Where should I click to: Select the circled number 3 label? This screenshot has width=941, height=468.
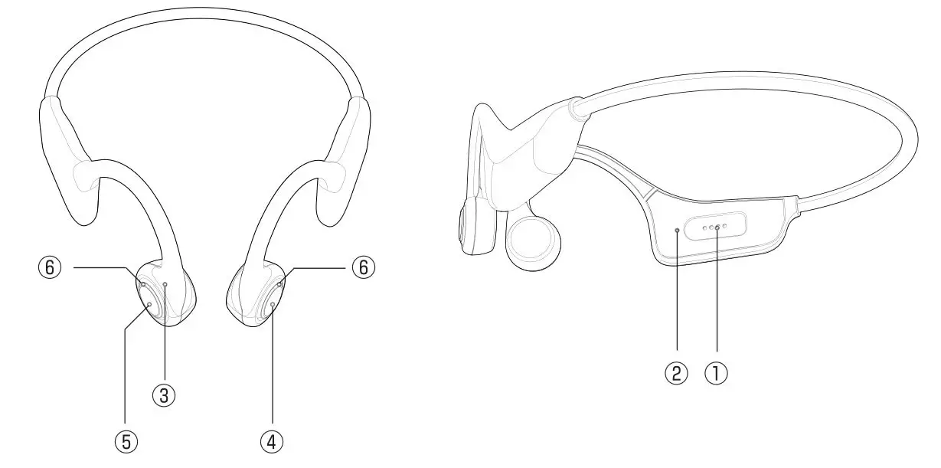[164, 394]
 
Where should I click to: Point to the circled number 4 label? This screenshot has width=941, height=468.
[272, 440]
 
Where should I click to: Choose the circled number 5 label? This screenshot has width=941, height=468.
[126, 440]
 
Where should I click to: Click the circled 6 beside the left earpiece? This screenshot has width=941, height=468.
[51, 267]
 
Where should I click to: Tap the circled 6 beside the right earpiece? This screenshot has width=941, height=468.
[364, 267]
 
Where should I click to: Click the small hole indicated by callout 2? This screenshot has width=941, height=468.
[677, 229]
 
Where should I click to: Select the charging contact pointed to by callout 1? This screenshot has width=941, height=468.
[717, 227]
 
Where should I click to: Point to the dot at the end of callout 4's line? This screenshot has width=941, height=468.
[273, 305]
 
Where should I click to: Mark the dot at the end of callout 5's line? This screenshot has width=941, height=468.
[149, 305]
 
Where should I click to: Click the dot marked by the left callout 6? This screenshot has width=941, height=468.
[143, 284]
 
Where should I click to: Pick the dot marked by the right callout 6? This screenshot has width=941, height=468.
[281, 283]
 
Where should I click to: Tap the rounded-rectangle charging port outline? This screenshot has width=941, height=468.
[716, 227]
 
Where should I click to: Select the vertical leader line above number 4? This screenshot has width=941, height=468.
[273, 368]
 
